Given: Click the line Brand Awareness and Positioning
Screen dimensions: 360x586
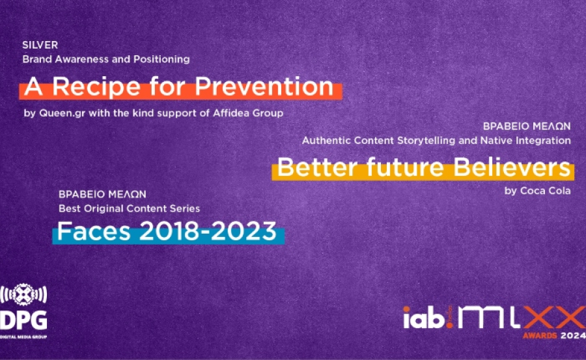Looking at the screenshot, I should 106,59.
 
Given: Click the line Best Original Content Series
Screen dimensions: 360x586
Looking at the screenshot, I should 129,208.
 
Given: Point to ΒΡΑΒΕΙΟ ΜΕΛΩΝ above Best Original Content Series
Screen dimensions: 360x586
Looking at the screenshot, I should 102,194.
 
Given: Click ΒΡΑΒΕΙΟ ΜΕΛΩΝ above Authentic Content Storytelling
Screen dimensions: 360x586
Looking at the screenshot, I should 527,126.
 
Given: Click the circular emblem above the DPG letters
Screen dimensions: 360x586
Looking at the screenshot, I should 24,296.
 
